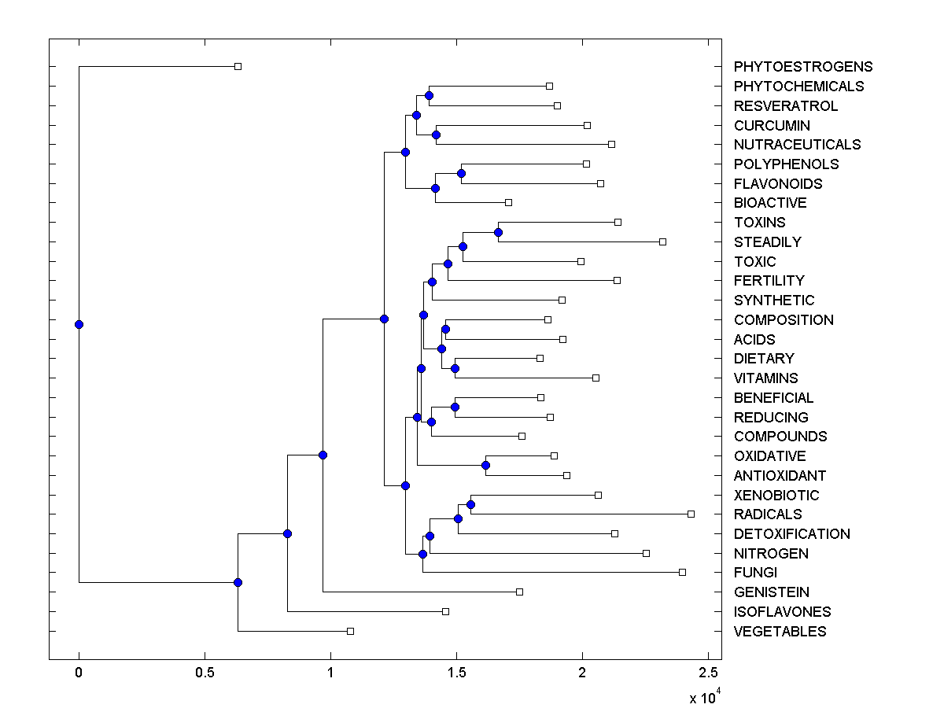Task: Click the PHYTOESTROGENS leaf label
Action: click(802, 67)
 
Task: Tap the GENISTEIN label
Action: click(771, 592)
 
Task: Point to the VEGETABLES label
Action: click(780, 631)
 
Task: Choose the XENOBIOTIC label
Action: click(776, 495)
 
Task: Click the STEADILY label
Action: click(767, 242)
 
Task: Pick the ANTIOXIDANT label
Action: click(780, 475)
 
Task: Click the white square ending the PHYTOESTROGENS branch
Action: click(238, 66)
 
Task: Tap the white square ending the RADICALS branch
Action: click(691, 514)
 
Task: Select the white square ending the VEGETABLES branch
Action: click(351, 631)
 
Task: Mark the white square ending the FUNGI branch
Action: click(682, 572)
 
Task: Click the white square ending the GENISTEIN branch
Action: click(519, 592)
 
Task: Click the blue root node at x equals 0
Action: click(79, 324)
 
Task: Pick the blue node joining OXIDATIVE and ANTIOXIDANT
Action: click(485, 465)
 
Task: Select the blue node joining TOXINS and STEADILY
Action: click(498, 232)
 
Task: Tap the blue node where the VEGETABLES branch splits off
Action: click(238, 582)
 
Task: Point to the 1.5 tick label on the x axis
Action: click(455, 673)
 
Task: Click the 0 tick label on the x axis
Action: click(79, 673)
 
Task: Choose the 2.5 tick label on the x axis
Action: click(708, 673)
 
